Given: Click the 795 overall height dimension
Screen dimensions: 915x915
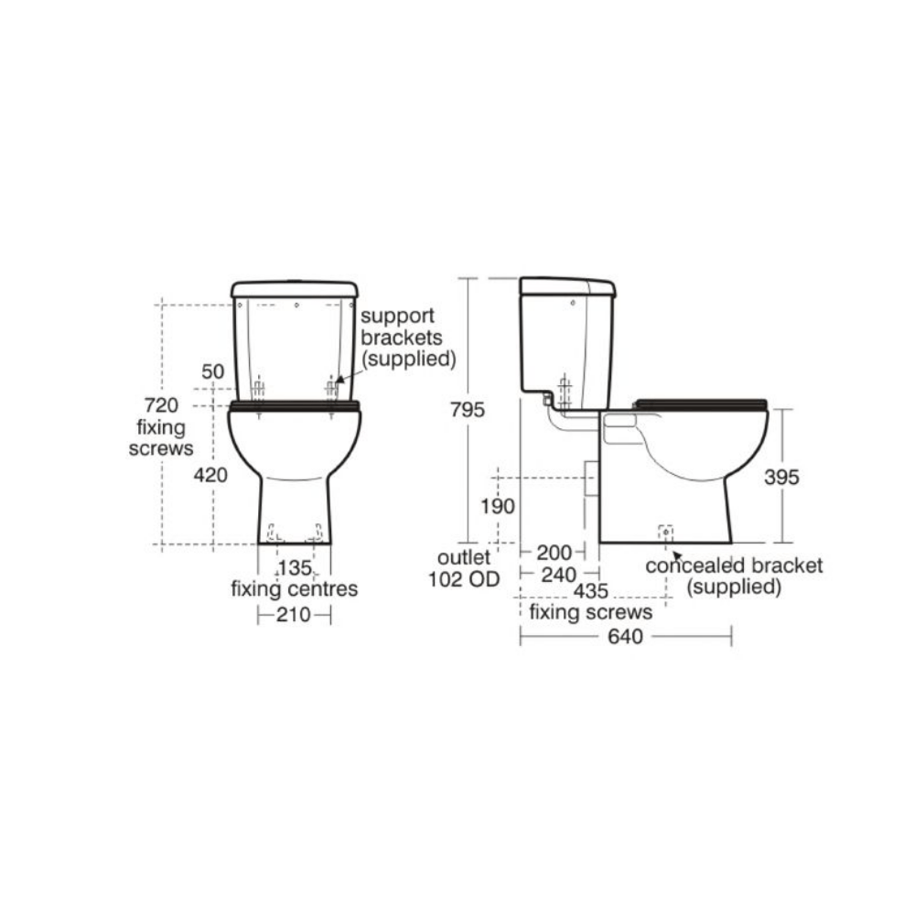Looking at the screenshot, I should point(468,410).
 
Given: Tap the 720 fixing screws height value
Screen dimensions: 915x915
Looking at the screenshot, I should point(160,404).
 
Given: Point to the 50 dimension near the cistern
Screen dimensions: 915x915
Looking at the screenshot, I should point(212,371).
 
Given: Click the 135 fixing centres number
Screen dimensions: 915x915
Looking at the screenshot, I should point(295,567).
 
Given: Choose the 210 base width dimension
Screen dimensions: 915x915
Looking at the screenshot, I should point(294,615).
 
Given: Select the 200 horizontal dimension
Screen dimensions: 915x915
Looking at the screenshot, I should point(554,552).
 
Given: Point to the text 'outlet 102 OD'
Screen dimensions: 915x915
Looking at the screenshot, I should point(463,567).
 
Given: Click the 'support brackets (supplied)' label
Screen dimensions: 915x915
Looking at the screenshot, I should point(407,337).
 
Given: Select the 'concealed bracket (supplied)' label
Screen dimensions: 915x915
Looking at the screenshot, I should point(734,576).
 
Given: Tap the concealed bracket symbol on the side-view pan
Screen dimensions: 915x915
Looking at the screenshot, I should point(665,531).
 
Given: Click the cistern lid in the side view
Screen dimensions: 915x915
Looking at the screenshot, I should point(567,285).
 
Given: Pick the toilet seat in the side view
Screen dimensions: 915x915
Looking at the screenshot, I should point(700,403).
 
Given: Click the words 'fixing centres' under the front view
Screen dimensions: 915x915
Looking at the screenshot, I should point(294,589).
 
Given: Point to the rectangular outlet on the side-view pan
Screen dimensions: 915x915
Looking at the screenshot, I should point(591,479).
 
